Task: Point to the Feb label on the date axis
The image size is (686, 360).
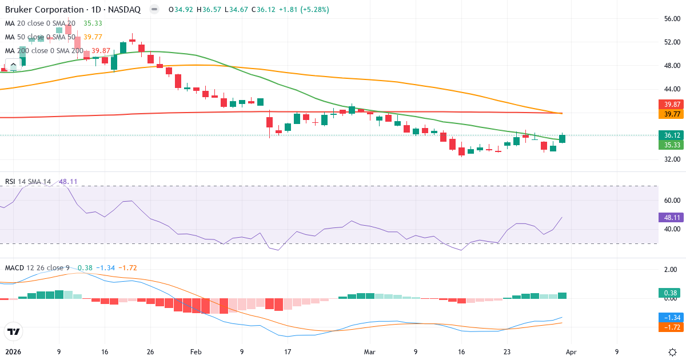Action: coord(196,352)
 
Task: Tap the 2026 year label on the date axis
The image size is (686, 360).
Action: coord(14,352)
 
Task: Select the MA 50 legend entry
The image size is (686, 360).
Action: coord(40,37)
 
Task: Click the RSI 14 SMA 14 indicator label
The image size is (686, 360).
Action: coord(28,182)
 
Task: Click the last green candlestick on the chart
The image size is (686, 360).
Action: coord(563,138)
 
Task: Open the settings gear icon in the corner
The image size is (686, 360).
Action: coord(672,352)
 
